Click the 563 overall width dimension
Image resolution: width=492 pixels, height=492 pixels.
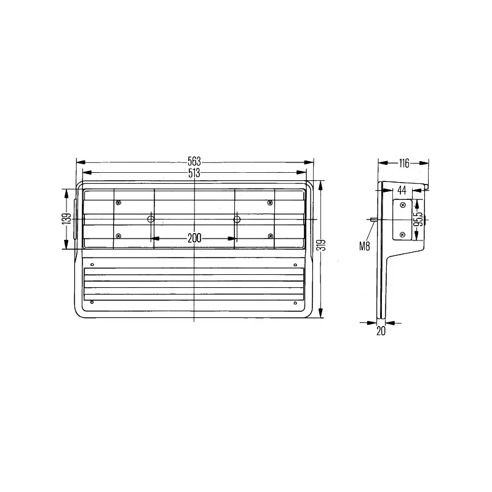[x=194, y=161]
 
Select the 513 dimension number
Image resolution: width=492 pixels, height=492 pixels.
[x=194, y=173]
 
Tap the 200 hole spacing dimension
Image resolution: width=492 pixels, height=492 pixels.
[x=194, y=238]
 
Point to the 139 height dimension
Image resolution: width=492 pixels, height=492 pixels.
[x=66, y=219]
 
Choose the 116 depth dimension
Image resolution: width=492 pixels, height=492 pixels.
[x=404, y=163]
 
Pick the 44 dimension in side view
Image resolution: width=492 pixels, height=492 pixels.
[x=402, y=190]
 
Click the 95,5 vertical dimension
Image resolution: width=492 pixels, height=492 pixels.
[x=418, y=220]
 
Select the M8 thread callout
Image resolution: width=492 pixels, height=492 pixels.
[x=365, y=247]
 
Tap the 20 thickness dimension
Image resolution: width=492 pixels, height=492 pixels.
[x=381, y=331]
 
